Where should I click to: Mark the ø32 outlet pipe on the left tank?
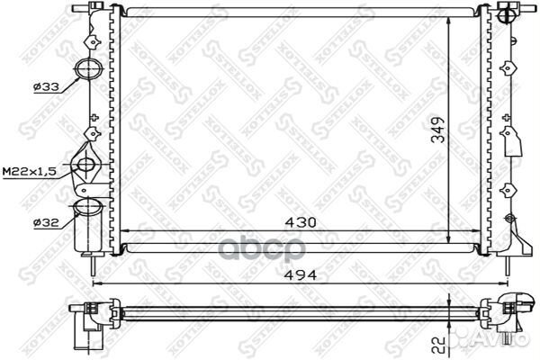(87, 209)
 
